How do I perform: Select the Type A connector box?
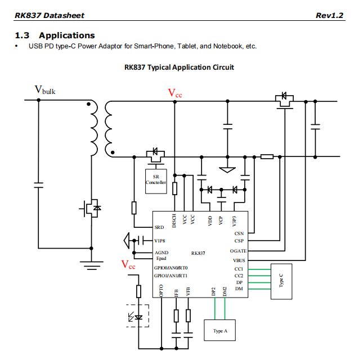[x=220, y=330]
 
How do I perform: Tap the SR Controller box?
[x=156, y=181]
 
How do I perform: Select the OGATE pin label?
[x=238, y=250]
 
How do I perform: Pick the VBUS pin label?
[x=239, y=260]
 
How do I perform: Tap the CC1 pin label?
[x=239, y=269]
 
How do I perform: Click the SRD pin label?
[x=159, y=228]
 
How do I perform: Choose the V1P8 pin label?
[x=160, y=241]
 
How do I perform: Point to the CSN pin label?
[x=239, y=232]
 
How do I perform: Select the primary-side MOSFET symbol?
[x=91, y=209]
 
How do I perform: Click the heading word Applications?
[x=66, y=35]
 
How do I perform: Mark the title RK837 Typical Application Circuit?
[x=179, y=67]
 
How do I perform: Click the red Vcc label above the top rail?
[x=175, y=93]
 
